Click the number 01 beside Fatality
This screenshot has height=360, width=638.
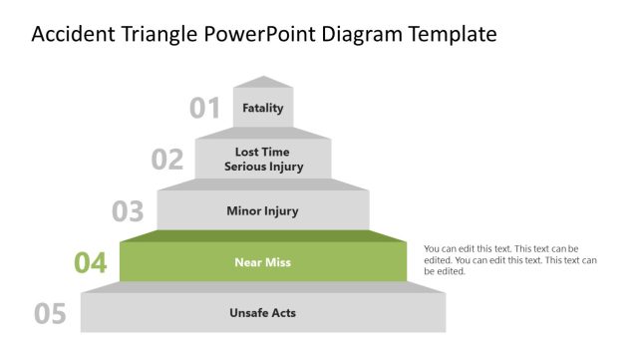[204, 108]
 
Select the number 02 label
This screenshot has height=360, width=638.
[167, 160]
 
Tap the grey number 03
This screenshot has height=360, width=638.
[128, 211]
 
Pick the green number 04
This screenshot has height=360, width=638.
[90, 263]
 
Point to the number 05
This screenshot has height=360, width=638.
[50, 314]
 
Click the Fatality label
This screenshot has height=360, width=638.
[263, 108]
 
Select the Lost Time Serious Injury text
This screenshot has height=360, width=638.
[263, 160]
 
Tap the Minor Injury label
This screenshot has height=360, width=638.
[263, 211]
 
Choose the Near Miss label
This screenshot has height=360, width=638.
[263, 262]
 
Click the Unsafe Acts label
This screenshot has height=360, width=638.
[263, 313]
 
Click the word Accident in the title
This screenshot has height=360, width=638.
[71, 35]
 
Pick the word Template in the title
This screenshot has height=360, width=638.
[453, 35]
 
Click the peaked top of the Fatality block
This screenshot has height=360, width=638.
[263, 82]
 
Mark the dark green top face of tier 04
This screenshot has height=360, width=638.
[263, 235]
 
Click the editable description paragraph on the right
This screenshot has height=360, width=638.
[509, 259]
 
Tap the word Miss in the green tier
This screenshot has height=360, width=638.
[278, 262]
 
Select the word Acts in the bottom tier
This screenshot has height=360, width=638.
[283, 313]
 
